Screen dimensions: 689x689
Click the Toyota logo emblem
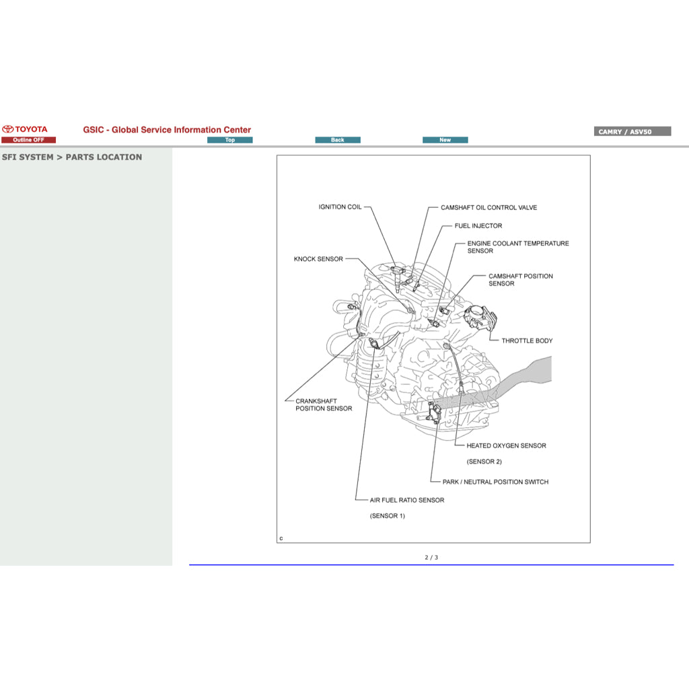8,129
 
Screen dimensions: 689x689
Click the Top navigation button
230,140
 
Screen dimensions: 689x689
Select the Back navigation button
338,140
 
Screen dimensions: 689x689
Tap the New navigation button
445,140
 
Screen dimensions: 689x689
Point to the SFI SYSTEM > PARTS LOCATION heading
72,157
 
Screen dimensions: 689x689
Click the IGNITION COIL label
340,207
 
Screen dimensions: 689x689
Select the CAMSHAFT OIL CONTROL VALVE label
488,208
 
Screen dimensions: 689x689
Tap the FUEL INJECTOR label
478,226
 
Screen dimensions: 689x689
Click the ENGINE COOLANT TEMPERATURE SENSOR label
517,247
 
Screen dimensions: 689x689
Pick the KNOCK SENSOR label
318,259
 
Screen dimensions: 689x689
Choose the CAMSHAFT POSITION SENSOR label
520,280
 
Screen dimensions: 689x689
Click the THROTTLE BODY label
526,341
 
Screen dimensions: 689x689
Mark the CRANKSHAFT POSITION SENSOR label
324,405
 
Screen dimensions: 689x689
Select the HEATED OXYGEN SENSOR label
506,445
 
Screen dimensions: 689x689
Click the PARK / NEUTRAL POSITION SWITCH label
495,482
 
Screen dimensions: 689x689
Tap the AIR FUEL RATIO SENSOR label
406,500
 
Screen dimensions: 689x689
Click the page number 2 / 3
431,557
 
